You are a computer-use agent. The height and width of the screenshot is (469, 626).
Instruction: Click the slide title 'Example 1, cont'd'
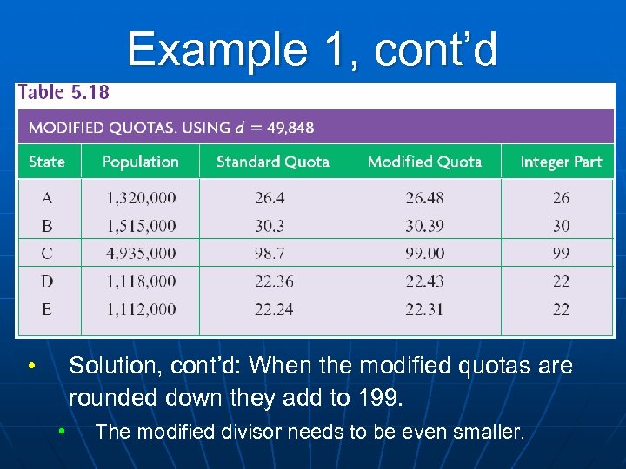pos(312,50)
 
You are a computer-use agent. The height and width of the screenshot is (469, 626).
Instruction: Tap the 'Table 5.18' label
pos(64,92)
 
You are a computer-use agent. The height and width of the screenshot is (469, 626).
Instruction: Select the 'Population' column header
pos(140,162)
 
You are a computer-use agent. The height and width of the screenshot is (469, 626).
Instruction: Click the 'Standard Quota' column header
pos(272,162)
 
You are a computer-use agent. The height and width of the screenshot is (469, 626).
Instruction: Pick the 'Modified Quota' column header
pos(424,162)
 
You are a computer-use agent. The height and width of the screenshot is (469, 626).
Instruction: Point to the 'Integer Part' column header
pos(561,162)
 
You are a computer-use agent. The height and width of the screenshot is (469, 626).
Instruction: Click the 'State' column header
pos(47,162)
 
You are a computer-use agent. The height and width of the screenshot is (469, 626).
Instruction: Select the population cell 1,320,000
pos(141,198)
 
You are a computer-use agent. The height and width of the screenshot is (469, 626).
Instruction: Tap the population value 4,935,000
pos(141,254)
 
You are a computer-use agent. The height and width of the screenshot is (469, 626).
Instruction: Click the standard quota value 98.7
pos(270,254)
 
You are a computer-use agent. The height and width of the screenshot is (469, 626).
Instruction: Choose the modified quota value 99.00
pos(424,254)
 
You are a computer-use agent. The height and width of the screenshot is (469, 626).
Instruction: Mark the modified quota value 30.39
pos(424,226)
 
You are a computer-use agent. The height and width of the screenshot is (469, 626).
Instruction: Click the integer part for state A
pos(562,198)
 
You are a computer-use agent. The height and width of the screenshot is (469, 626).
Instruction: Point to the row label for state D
pos(47,281)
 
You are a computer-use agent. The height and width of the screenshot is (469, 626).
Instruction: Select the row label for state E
pos(47,309)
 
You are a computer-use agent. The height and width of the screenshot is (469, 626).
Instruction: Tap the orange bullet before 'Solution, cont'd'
pos(30,366)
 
